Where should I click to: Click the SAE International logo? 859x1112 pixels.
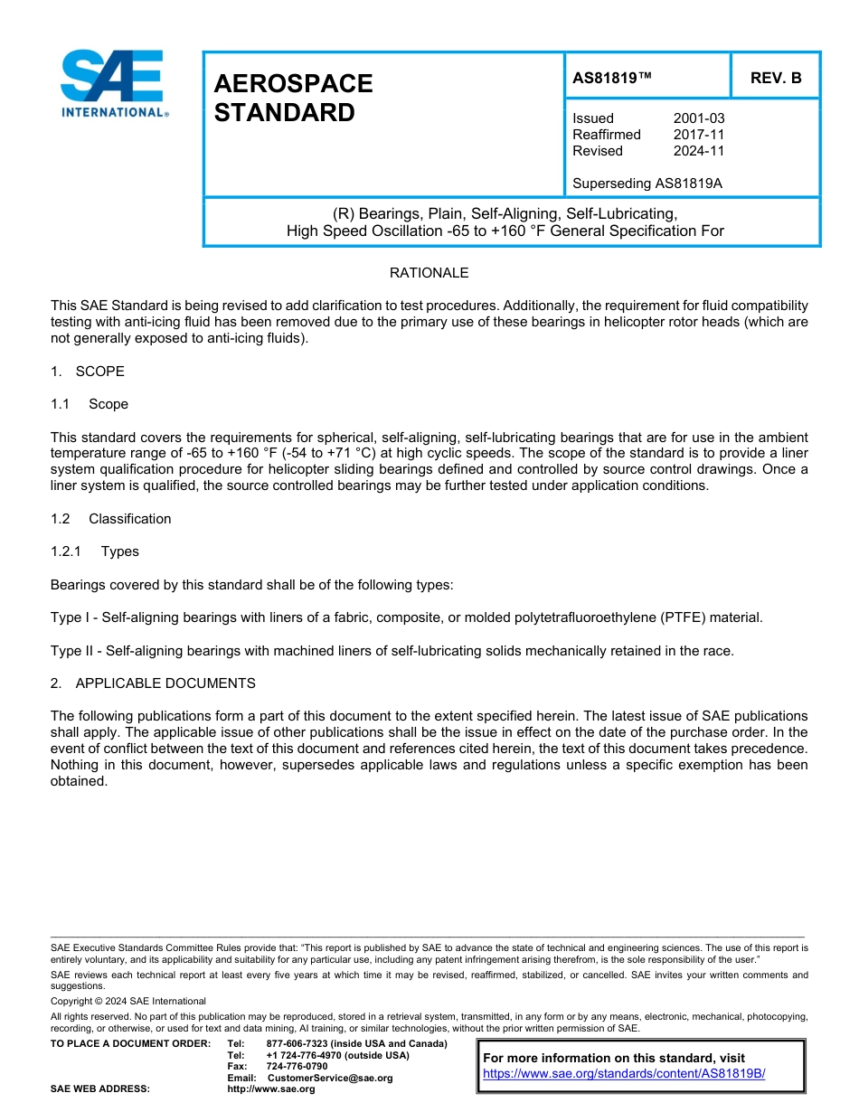click(113, 82)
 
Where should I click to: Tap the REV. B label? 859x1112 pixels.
click(776, 78)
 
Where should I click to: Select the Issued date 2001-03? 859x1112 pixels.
click(699, 118)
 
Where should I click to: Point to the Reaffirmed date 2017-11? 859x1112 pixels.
click(699, 135)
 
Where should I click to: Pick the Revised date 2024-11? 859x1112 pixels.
click(699, 151)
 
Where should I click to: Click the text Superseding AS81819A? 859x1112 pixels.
click(647, 184)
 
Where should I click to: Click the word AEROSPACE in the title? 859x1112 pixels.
click(293, 84)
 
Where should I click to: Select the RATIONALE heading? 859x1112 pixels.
click(429, 273)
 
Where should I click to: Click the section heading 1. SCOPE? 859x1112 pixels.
click(88, 372)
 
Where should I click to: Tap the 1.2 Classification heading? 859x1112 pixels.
click(111, 519)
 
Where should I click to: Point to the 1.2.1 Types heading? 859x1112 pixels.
click(95, 551)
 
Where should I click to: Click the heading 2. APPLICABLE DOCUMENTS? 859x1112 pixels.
click(153, 683)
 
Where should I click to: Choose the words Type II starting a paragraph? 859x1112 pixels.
click(71, 651)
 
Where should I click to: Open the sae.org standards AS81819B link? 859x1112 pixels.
click(624, 1074)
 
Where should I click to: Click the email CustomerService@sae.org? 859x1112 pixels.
click(329, 1079)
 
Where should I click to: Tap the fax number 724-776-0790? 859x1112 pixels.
click(297, 1067)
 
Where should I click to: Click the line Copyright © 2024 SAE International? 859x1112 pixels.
click(128, 1002)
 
